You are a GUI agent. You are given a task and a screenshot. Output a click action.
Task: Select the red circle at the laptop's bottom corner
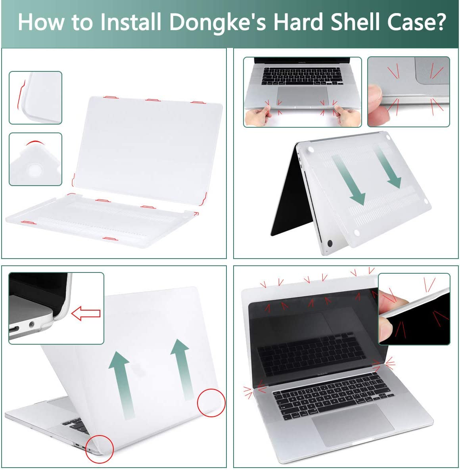100,449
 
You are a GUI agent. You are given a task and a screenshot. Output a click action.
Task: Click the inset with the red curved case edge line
35,98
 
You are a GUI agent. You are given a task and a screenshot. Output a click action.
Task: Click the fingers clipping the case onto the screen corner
391,317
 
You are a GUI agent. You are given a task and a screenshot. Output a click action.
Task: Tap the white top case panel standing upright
149,143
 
